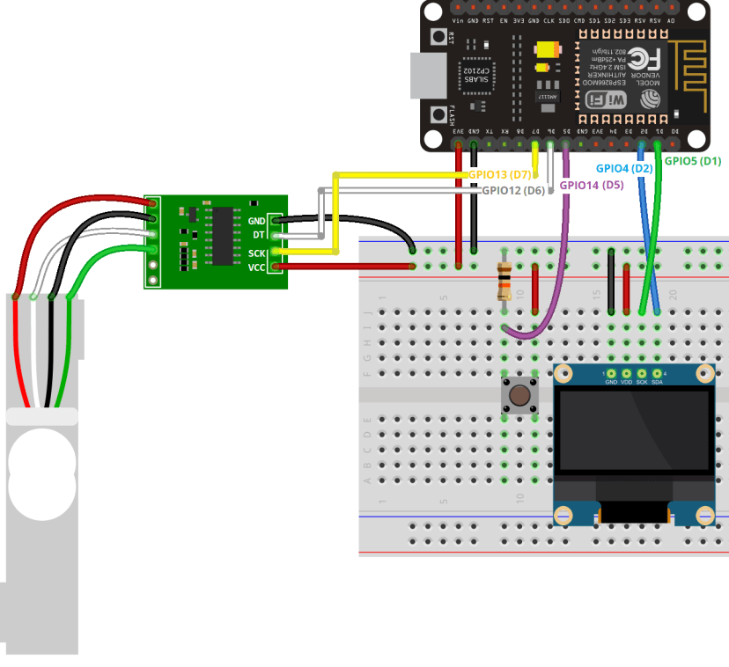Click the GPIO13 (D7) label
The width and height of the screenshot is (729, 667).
(499, 175)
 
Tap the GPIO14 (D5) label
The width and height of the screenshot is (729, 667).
(592, 185)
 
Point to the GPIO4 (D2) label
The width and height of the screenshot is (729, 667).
(623, 167)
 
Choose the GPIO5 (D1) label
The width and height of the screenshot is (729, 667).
(692, 161)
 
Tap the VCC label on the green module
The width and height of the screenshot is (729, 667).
(257, 267)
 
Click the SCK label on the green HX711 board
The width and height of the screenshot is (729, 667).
(257, 252)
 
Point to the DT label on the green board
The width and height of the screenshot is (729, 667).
(259, 236)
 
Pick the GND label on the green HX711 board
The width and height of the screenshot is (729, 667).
(257, 221)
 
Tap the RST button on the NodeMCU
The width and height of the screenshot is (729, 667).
(438, 37)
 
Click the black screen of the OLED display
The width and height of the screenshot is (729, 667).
(634, 431)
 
